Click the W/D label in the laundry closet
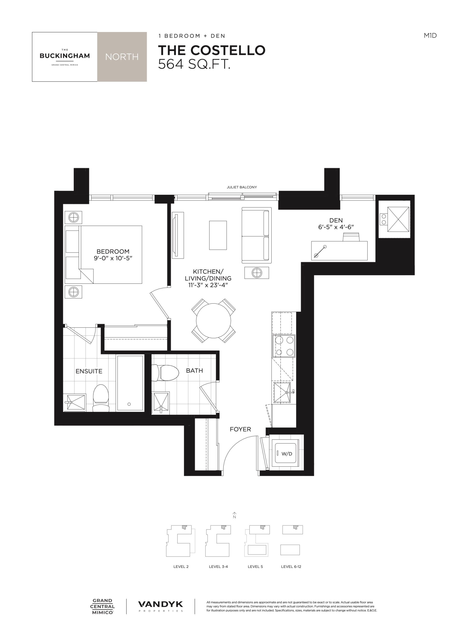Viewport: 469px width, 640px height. coord(287,454)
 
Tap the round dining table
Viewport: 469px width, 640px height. coord(213,321)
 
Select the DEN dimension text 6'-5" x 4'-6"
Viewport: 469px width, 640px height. coord(336,227)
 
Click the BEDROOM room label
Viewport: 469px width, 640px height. coord(113,251)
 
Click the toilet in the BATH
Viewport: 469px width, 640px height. coord(165,373)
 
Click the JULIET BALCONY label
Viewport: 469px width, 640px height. coord(242,187)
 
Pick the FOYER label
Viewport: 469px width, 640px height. coord(240,429)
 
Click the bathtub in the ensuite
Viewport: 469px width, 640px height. coord(130,383)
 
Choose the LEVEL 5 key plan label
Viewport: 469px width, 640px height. coord(255,567)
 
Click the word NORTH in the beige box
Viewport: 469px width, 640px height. coord(122,57)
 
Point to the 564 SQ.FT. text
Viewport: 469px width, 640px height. coord(194,64)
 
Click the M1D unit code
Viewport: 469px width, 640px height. coord(430,35)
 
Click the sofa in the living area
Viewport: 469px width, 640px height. coord(257,235)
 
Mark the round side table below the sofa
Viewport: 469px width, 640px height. coord(257,273)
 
